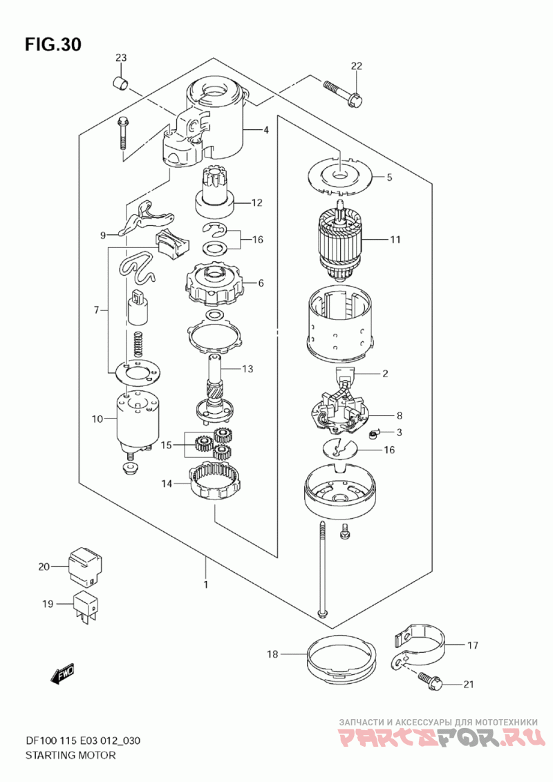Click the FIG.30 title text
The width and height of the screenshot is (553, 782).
tap(53, 45)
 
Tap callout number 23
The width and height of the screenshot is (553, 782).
tap(121, 57)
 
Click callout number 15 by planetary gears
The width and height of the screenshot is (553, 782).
tap(166, 446)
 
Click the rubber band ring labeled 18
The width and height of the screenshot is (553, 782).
tap(341, 661)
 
